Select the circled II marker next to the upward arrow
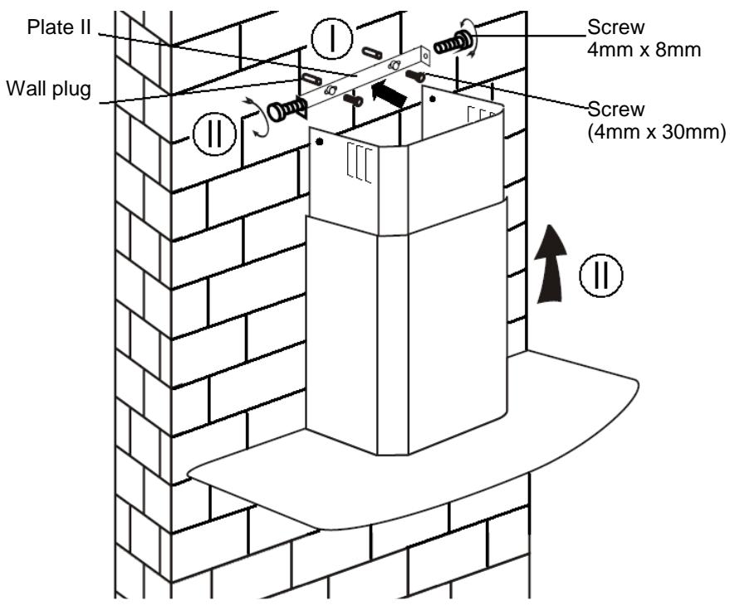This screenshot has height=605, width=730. (x=608, y=276)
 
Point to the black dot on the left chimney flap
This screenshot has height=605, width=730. (x=320, y=144)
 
